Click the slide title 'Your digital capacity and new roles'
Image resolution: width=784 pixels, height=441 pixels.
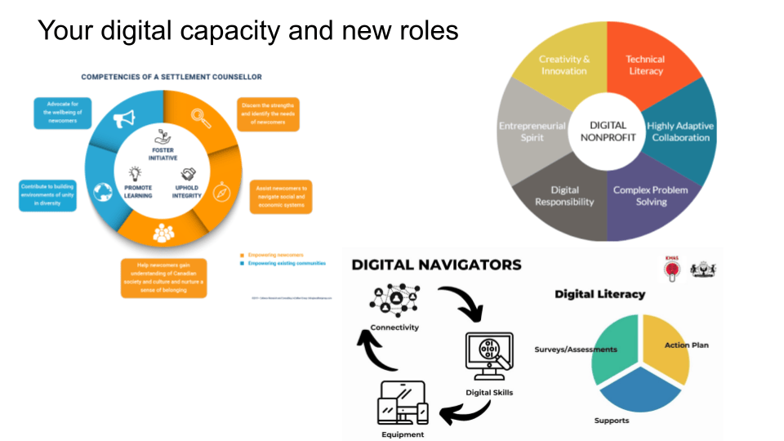pos(248,30)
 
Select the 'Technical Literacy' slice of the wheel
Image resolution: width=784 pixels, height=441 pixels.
pos(645,65)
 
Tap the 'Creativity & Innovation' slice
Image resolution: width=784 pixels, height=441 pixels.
pos(564,65)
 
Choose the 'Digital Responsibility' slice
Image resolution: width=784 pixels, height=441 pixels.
pos(563,196)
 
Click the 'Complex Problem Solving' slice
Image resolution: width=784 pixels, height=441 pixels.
pos(651,196)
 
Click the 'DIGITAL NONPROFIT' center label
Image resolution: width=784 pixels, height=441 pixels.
pos(608,131)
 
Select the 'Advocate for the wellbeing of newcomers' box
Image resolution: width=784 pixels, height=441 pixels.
pos(62,113)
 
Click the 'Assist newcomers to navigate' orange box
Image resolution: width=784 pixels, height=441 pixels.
pos(280,197)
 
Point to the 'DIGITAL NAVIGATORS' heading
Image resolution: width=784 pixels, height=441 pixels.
pos(436,265)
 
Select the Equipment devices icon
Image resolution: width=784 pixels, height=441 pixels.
pos(402,403)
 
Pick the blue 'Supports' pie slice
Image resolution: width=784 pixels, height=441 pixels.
pos(636,392)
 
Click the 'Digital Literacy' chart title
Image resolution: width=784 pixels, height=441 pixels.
pos(599,294)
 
